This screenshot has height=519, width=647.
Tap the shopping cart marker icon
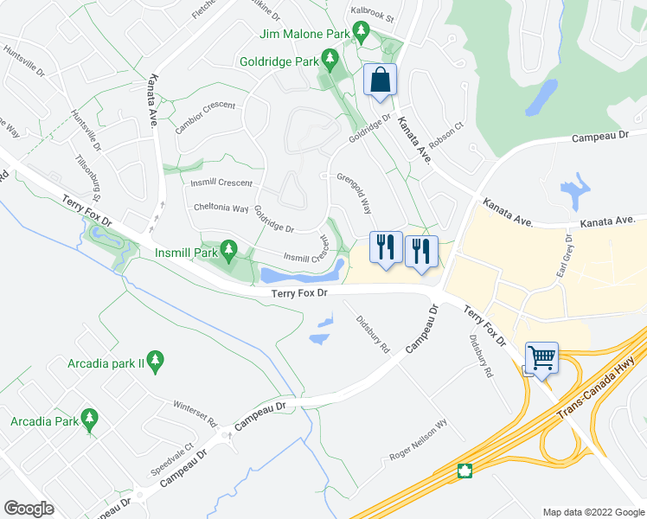pyautogui.click(x=542, y=356)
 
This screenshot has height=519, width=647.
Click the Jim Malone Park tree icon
pyautogui.click(x=362, y=33)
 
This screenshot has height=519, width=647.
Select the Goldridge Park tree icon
pyautogui.click(x=329, y=59)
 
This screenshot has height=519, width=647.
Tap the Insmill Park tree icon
pyautogui.click(x=228, y=251)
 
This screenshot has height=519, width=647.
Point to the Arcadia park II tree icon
pyautogui.click(x=156, y=361)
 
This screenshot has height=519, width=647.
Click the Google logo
pyautogui.click(x=29, y=509)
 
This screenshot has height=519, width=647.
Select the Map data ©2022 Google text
pyautogui.click(x=593, y=512)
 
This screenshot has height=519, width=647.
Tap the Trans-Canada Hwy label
pyautogui.click(x=597, y=400)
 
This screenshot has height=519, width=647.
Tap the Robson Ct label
pyautogui.click(x=452, y=135)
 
